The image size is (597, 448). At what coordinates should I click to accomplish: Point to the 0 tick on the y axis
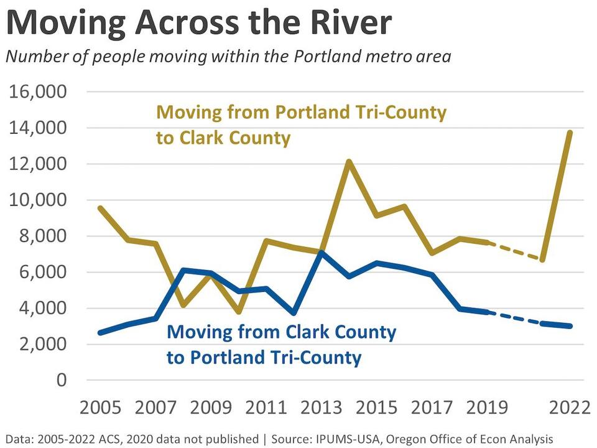point(60,380)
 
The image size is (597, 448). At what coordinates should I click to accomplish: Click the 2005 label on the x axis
point(101,408)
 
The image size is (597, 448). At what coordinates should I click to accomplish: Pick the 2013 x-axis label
point(321,408)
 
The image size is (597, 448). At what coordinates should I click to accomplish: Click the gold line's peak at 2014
point(349,162)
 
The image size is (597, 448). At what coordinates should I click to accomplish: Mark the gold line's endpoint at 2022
point(569,133)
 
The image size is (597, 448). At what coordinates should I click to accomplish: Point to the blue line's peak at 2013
point(321,252)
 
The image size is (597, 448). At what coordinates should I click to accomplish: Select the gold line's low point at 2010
point(239,312)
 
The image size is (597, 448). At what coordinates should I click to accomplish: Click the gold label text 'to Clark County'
point(223,138)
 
